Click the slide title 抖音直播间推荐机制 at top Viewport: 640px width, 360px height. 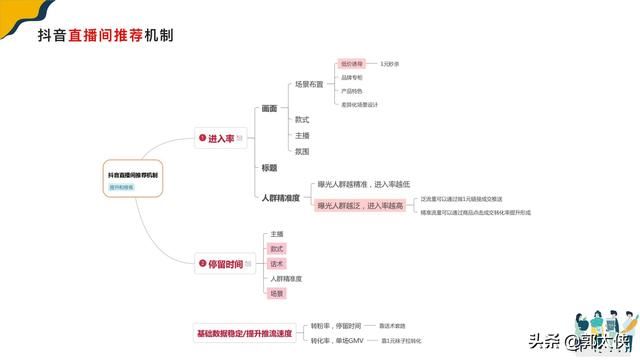[x=105, y=37]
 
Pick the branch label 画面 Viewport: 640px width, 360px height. [x=269, y=108]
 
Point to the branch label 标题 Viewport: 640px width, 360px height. [x=269, y=167]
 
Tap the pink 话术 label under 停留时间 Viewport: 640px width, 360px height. [x=277, y=263]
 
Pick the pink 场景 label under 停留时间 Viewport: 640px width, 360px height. [x=277, y=294]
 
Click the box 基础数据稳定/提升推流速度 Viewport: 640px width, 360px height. [x=245, y=332]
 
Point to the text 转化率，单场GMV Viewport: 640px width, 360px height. [x=335, y=340]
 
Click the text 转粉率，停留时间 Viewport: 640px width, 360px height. [x=335, y=326]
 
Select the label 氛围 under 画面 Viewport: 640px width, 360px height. [x=302, y=151]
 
